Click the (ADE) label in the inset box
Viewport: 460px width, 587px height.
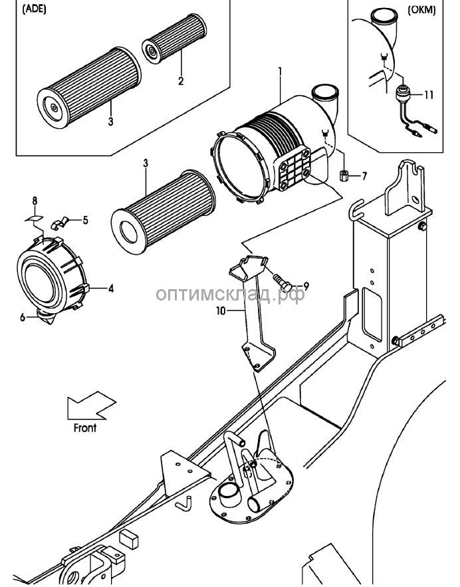(35, 9)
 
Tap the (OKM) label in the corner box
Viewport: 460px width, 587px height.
(421, 10)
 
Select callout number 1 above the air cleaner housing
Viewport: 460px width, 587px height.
(280, 70)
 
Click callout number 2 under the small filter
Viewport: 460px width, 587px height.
(181, 80)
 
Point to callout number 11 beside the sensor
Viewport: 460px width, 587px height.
(429, 94)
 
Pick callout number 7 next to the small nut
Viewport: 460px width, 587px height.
(364, 176)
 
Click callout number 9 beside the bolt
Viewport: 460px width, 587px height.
(306, 287)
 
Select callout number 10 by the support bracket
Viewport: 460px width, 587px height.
(221, 310)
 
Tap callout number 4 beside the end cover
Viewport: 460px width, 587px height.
(111, 289)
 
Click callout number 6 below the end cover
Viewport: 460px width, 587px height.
(23, 318)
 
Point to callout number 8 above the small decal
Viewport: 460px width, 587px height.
(35, 201)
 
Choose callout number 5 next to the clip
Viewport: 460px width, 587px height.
(85, 220)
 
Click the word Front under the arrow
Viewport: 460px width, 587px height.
(85, 427)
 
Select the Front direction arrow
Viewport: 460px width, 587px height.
(91, 406)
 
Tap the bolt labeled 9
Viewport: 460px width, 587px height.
(283, 281)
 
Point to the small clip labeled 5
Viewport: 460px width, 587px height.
(60, 223)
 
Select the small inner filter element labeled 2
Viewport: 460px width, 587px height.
(174, 39)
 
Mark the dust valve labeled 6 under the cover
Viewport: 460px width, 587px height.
(47, 316)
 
